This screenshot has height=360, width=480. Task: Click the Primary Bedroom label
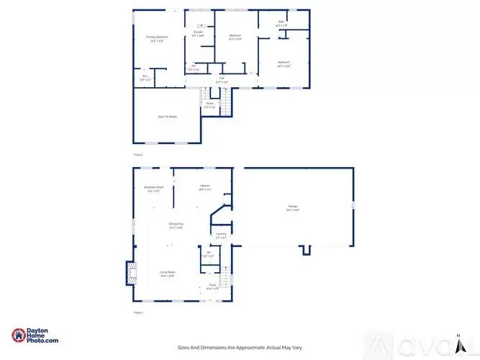157,37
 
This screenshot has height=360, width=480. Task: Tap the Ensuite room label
199,32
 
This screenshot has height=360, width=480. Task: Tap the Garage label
292,209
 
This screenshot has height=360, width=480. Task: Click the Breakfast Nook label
154,189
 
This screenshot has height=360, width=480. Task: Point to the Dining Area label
176,225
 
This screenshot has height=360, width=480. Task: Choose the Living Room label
167,272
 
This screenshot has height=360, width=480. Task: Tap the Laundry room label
222,234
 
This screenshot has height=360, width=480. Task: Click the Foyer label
212,287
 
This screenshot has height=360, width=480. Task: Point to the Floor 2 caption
138,154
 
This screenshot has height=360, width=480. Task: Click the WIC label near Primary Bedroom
145,77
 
